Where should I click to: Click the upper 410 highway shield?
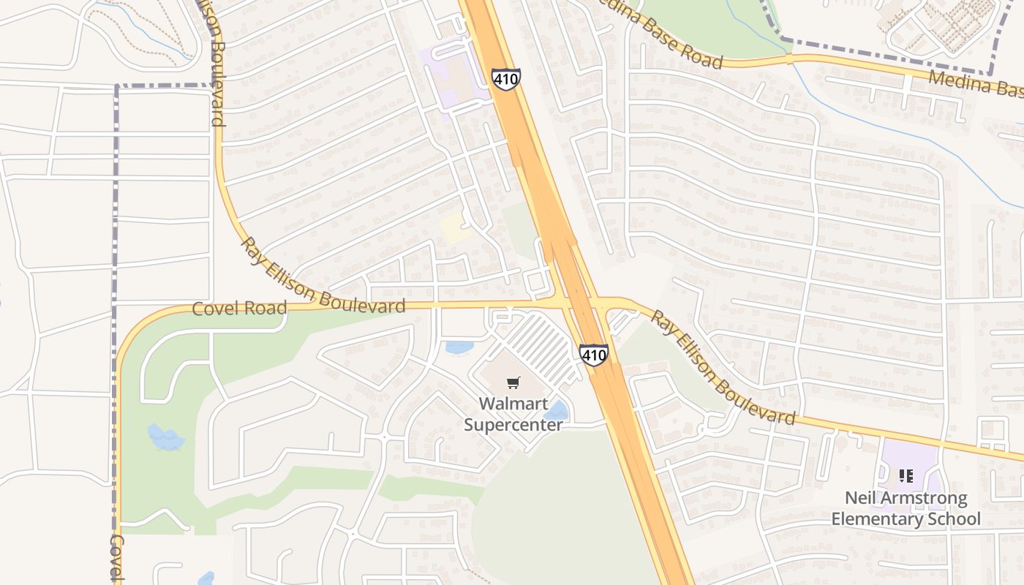[506, 80]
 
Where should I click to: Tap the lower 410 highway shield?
[593, 355]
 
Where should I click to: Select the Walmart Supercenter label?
[513, 414]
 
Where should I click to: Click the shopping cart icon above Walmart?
[513, 382]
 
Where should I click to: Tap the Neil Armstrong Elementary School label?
[906, 509]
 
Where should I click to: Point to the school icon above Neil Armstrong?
[906, 476]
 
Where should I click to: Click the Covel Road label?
[238, 309]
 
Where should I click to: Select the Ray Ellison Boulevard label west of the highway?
[322, 283]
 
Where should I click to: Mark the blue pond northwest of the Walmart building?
[459, 347]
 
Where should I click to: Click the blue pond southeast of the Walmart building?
[557, 411]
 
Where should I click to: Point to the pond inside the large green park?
[166, 437]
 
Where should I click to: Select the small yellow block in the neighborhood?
[453, 229]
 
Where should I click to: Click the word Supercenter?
[513, 425]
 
